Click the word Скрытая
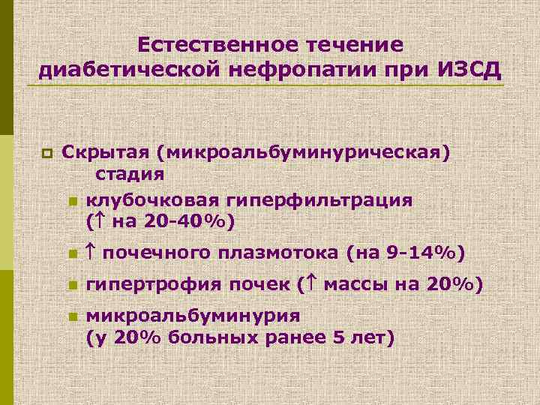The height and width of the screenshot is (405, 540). coord(105,154)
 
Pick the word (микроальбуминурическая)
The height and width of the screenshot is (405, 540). coord(304,154)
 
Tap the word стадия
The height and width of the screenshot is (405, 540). coord(129,175)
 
